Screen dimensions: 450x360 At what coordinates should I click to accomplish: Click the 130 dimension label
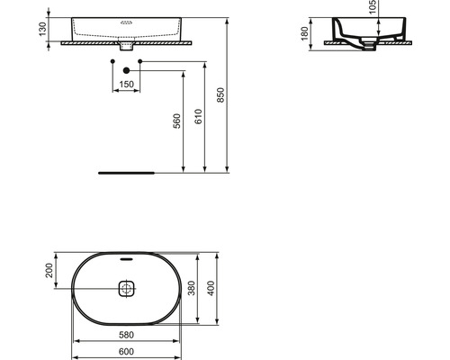click(43, 29)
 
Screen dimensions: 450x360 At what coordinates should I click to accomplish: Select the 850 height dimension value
click(220, 95)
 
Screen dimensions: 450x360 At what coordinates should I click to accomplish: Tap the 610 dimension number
click(198, 117)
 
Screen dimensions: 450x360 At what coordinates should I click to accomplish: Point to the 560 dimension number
click(177, 121)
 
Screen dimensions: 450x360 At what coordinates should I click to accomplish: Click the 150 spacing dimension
click(126, 85)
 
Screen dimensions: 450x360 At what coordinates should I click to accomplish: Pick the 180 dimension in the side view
click(305, 33)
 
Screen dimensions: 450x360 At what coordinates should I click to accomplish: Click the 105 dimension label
click(373, 6)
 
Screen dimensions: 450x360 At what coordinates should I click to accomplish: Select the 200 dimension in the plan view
click(49, 270)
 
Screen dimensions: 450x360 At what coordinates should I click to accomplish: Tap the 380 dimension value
click(192, 288)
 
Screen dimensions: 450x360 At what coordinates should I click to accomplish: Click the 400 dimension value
click(211, 288)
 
